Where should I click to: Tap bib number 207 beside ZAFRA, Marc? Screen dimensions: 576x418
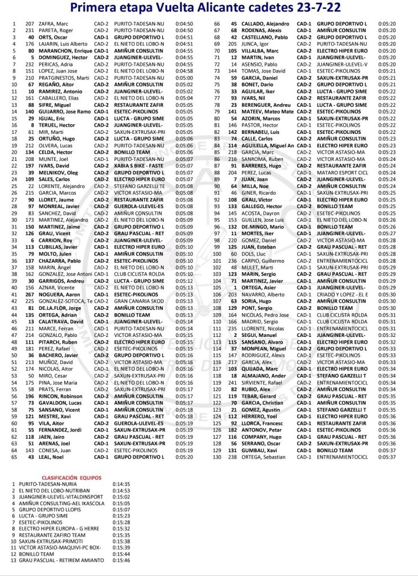[x=30, y=24]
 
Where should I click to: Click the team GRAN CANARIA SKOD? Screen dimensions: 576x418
[x=138, y=301]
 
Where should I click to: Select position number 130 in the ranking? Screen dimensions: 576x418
[x=217, y=457]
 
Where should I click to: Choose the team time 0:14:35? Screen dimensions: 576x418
[x=122, y=483]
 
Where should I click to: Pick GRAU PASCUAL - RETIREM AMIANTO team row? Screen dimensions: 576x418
[x=61, y=560]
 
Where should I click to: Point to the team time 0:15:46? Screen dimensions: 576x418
[x=122, y=560]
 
